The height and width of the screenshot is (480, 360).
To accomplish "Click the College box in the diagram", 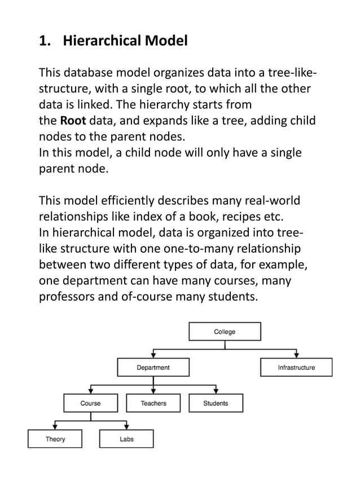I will tap(224, 332).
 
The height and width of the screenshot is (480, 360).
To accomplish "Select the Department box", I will tap(153, 368).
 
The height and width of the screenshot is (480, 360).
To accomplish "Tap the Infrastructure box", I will tap(296, 368).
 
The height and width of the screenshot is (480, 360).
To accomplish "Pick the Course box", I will tap(90, 403).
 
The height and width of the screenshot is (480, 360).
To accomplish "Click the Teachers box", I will tap(153, 403).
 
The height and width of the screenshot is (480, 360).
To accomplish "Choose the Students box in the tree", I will tap(216, 403).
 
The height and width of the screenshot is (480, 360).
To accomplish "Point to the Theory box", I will tap(55, 439).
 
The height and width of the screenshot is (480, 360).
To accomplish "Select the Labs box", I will tap(126, 439).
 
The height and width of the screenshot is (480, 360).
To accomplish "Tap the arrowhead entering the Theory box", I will tap(55, 427).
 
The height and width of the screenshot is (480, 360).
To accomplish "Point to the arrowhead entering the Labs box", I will tap(126, 427).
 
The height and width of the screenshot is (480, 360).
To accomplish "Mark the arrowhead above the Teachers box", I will tap(153, 391).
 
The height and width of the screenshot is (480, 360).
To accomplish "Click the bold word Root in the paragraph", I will tap(72, 122).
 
